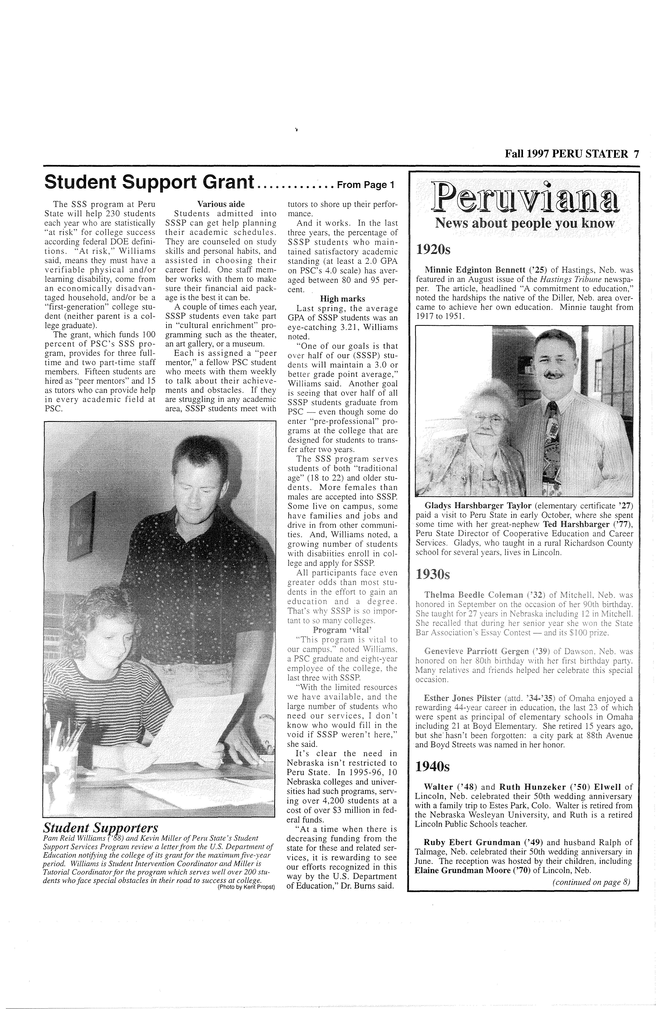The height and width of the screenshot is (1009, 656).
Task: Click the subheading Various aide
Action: click(221, 204)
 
